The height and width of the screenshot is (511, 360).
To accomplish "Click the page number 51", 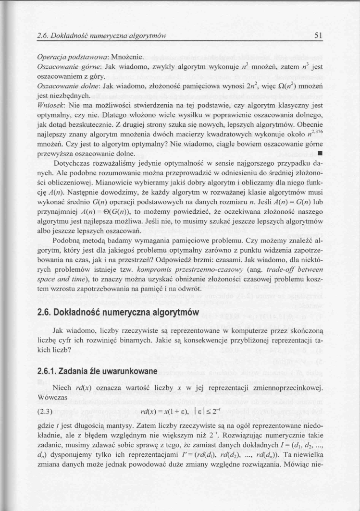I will tap(318, 35).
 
